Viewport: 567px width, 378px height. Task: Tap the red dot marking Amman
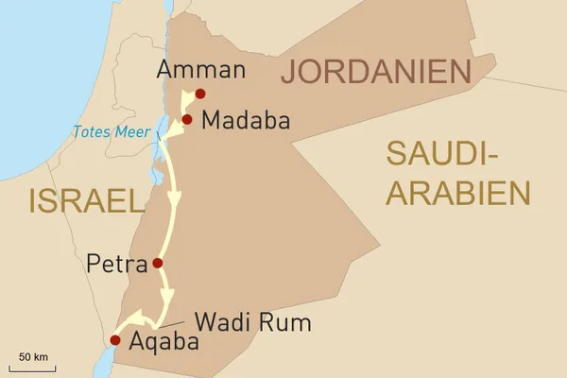pos(200,94)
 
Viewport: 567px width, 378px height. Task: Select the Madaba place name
pos(240,122)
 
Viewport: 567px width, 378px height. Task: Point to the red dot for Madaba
pos(187,120)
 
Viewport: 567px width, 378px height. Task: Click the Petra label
pos(115,263)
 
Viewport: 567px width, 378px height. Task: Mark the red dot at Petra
pos(157,263)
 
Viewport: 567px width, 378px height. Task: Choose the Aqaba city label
pos(163,342)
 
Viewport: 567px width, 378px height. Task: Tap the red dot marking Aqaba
pos(115,340)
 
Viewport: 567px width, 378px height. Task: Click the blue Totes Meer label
pos(106,131)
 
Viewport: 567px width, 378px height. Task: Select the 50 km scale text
pos(33,356)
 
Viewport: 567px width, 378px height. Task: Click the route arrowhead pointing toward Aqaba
pos(135,318)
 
